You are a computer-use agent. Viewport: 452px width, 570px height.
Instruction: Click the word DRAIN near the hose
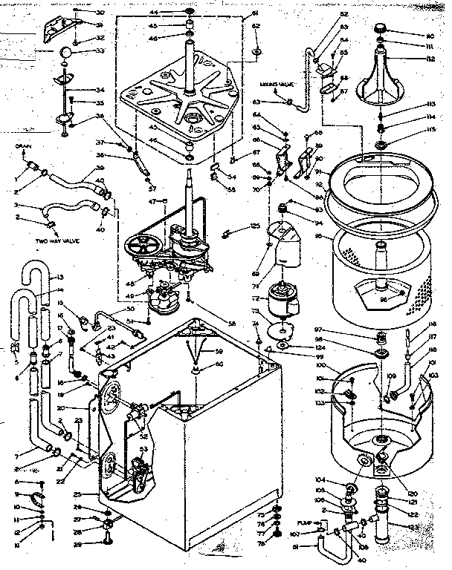[22, 148]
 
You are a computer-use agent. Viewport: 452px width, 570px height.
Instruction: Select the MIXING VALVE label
[273, 85]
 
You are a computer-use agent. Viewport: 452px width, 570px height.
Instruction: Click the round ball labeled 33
[68, 53]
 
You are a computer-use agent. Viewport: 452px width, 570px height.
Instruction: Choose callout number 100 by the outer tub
[321, 367]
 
